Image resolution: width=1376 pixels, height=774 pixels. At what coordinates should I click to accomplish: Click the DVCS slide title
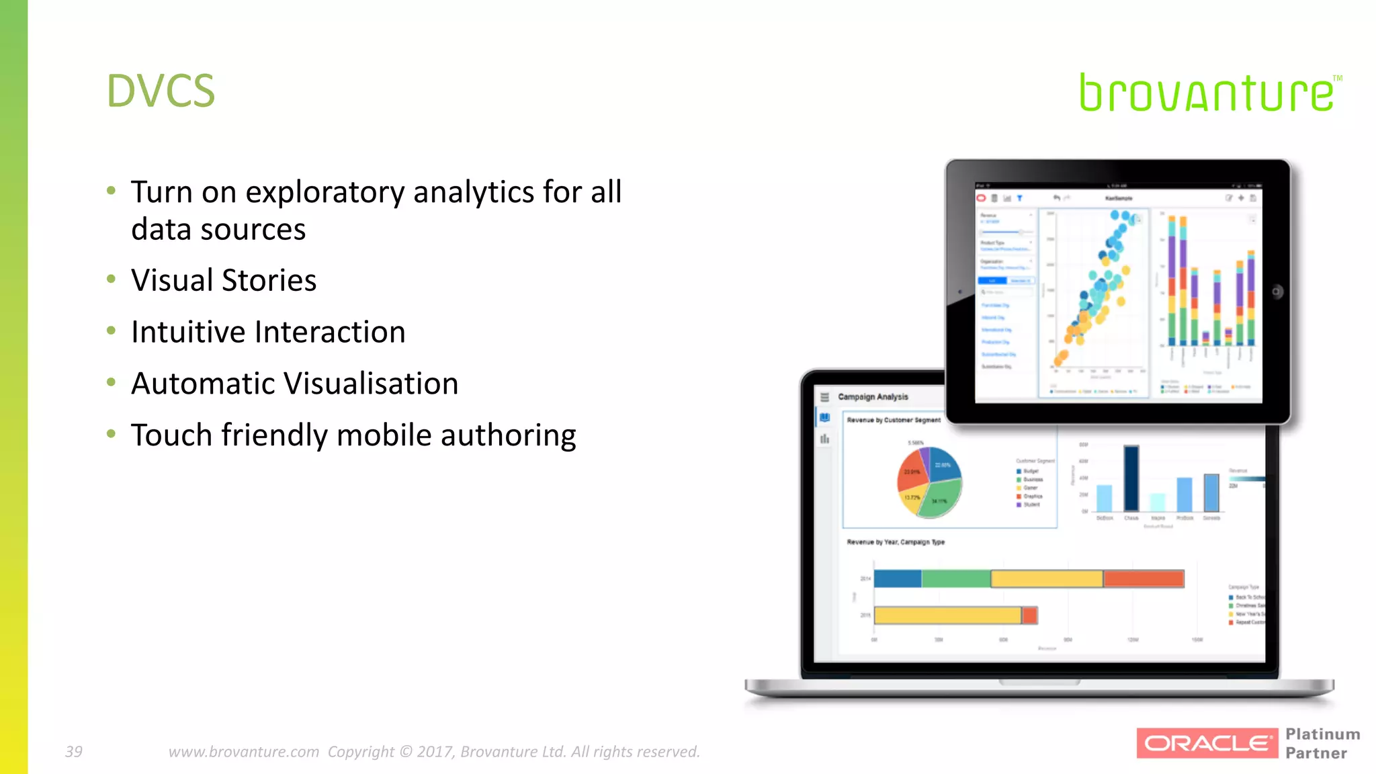(161, 91)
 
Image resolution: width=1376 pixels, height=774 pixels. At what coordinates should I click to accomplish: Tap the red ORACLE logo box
(1207, 743)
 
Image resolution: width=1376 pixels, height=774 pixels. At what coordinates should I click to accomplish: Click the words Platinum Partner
(1322, 743)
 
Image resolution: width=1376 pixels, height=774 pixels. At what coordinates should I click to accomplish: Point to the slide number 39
(73, 751)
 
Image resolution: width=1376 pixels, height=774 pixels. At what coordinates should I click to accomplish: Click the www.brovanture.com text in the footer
(243, 751)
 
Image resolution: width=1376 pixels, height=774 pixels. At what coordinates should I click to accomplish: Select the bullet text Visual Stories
(224, 280)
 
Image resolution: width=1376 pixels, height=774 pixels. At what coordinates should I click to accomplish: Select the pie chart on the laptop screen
(930, 482)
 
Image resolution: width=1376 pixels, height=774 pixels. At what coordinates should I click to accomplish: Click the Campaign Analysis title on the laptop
(873, 397)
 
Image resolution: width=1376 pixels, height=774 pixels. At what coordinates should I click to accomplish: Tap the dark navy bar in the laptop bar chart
(1131, 478)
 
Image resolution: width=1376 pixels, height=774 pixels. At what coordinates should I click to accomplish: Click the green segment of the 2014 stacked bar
(955, 578)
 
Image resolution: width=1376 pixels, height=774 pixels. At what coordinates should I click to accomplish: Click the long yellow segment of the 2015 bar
(947, 615)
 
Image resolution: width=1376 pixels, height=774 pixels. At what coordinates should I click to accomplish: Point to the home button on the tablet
(1277, 292)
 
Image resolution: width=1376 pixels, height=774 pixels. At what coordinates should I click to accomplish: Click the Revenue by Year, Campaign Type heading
(896, 542)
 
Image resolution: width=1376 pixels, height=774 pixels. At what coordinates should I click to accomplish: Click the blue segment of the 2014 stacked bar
(898, 578)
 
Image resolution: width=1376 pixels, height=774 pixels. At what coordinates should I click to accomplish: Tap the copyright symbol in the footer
(406, 751)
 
